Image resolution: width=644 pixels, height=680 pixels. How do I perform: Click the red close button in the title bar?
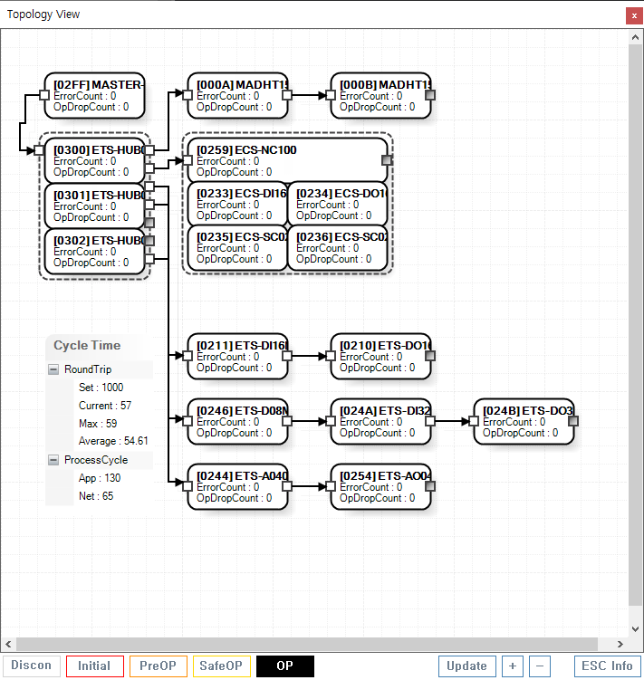tap(632, 15)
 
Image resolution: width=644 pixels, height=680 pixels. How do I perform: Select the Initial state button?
tap(94, 666)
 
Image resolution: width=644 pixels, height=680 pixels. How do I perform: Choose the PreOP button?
tap(159, 666)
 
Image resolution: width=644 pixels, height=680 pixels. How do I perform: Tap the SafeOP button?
tap(222, 666)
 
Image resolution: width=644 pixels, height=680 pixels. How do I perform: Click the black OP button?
tap(285, 666)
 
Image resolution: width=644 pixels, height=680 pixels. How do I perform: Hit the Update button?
tap(466, 666)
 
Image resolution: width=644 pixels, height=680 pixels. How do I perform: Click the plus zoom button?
tap(513, 666)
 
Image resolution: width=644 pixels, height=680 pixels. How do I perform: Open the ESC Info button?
tap(608, 666)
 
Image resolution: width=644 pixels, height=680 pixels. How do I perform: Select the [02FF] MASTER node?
tap(94, 95)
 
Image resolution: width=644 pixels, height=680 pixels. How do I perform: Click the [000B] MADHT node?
tap(380, 95)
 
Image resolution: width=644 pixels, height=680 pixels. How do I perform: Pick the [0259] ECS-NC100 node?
tap(286, 160)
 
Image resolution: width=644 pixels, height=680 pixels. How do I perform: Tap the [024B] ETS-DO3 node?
tap(524, 421)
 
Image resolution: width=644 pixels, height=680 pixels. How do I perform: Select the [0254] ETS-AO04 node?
tap(380, 486)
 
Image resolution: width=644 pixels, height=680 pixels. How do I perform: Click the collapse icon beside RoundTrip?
tap(54, 369)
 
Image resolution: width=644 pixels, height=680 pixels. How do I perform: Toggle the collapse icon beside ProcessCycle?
tap(54, 460)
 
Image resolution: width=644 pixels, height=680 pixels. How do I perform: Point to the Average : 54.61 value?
tap(113, 441)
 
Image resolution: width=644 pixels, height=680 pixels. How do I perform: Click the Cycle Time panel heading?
tap(87, 345)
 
